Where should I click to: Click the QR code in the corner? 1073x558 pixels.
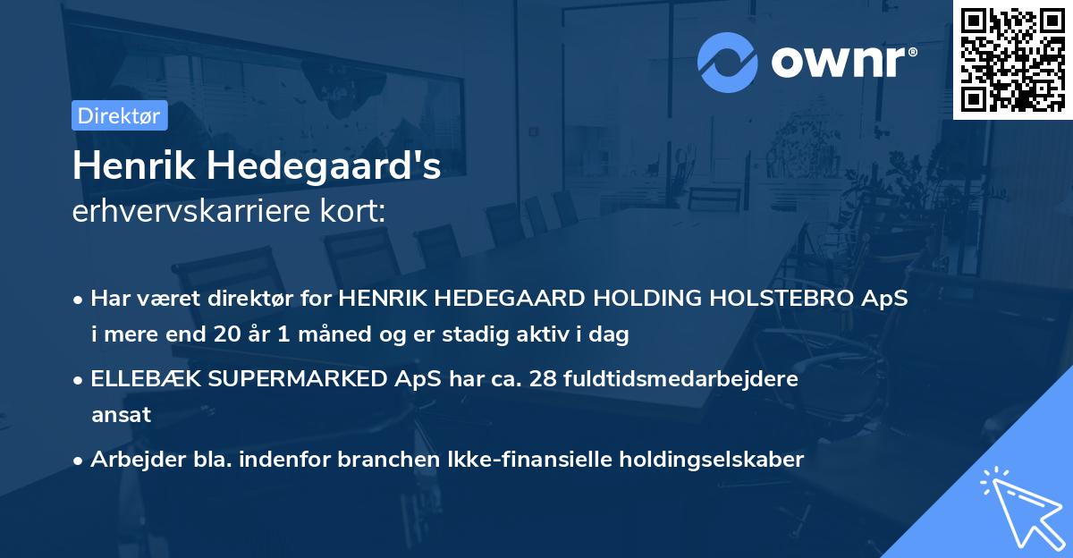tap(1012, 59)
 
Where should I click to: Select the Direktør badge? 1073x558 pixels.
tap(119, 115)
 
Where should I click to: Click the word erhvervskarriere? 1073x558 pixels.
tap(192, 212)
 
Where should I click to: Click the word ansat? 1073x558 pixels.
tap(121, 415)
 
